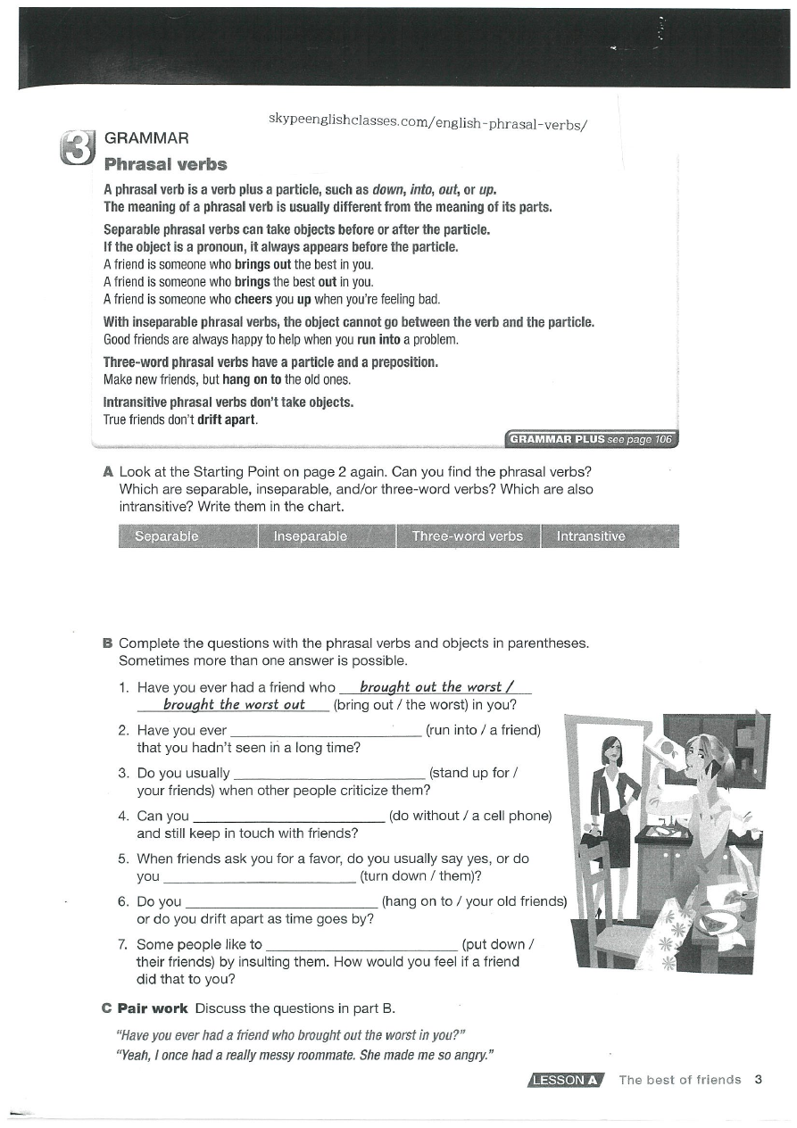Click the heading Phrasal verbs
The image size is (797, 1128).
[165, 164]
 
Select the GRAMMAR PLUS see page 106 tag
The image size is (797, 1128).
[592, 439]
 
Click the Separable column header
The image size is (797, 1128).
[166, 536]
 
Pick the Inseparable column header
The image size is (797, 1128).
[310, 536]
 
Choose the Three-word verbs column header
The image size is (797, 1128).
[467, 536]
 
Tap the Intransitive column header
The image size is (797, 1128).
[591, 536]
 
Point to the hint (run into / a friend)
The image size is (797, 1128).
[484, 730]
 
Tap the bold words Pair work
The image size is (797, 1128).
[153, 1008]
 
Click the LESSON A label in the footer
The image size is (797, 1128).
[566, 1080]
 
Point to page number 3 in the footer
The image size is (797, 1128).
[758, 1080]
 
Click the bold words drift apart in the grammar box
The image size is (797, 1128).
[227, 419]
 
